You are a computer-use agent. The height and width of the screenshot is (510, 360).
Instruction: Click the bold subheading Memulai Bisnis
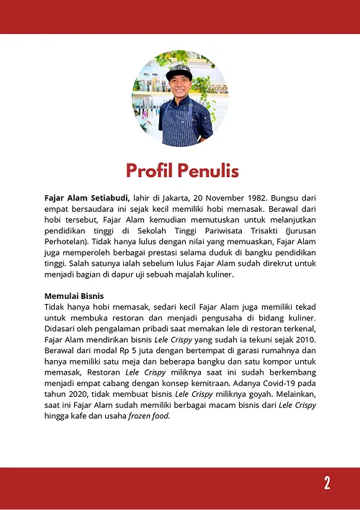coord(74,296)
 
